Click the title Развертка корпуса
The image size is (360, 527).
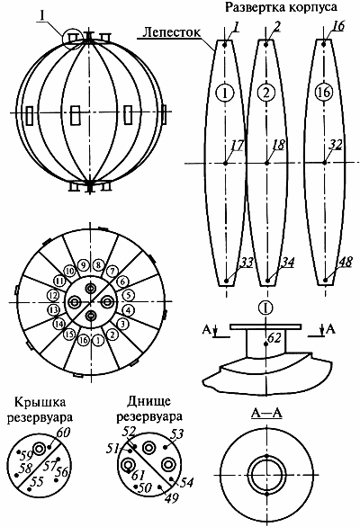point(281,7)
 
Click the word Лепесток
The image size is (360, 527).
point(171,32)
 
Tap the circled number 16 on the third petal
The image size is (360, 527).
point(324,92)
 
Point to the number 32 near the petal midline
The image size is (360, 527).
point(335,145)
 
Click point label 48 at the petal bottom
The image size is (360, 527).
point(346,263)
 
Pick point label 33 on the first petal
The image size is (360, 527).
point(247,263)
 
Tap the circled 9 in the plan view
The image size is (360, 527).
point(83,265)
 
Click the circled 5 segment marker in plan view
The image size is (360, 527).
point(128,296)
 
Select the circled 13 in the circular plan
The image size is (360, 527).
point(53,309)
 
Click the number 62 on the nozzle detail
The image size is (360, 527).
point(274,337)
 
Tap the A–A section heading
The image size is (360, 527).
point(266,414)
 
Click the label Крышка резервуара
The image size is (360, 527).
point(40,410)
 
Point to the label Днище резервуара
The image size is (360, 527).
point(149,409)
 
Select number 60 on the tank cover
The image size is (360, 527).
point(63,433)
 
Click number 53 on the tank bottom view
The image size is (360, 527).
point(177,434)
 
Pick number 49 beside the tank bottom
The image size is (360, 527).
point(171,498)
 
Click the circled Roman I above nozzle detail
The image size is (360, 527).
point(265,308)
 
